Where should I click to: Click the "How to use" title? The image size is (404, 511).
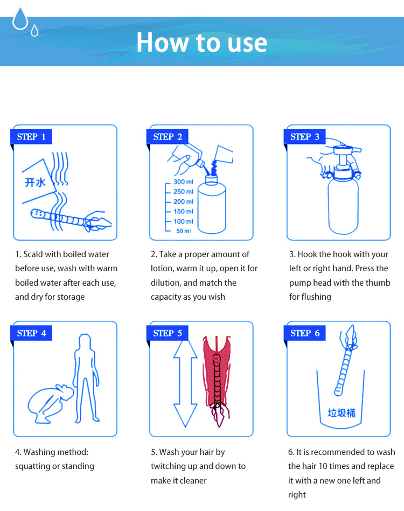pos(202,43)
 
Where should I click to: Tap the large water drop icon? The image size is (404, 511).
pos(20,18)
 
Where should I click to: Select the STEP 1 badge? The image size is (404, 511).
pos(31,136)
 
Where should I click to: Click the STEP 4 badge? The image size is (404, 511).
pos(31,333)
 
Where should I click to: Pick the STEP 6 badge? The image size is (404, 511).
pos(305,333)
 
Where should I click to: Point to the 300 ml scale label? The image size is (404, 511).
pos(183,182)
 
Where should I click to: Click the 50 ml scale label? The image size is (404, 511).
pos(184,231)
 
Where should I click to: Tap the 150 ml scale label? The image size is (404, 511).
pos(183,211)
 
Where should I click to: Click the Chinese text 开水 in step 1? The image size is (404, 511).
pos(35,182)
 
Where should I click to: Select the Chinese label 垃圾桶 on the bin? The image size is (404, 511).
pos(342,413)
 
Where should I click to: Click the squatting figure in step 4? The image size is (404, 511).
pos(51,404)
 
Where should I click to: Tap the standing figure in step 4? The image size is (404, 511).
pos(86,378)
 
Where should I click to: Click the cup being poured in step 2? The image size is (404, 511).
pos(224,154)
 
